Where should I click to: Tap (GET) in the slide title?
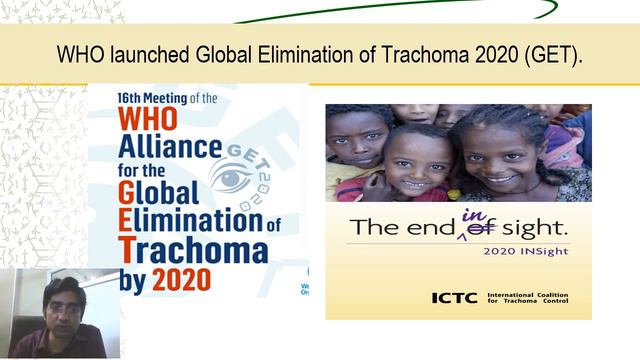(548, 54)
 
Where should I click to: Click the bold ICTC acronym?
(454, 297)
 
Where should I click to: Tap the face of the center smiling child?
(418, 161)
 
